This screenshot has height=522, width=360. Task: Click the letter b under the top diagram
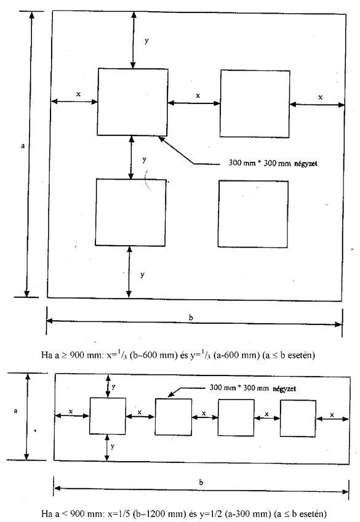191,317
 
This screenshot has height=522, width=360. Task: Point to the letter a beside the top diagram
23,145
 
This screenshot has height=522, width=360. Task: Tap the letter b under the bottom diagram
201,482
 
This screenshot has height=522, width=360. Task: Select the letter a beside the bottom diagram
15,411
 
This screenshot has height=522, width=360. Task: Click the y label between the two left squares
144,160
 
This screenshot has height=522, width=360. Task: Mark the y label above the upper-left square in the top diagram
146,41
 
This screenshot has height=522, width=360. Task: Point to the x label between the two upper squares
198,95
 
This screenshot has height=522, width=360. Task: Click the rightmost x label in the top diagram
320,97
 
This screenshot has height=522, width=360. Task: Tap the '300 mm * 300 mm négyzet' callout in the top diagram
273,163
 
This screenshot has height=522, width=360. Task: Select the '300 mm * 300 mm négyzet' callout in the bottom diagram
252,388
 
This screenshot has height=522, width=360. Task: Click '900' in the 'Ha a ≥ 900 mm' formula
77,355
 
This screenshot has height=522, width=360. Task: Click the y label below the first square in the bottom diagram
113,446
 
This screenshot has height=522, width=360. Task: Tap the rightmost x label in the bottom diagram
332,415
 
